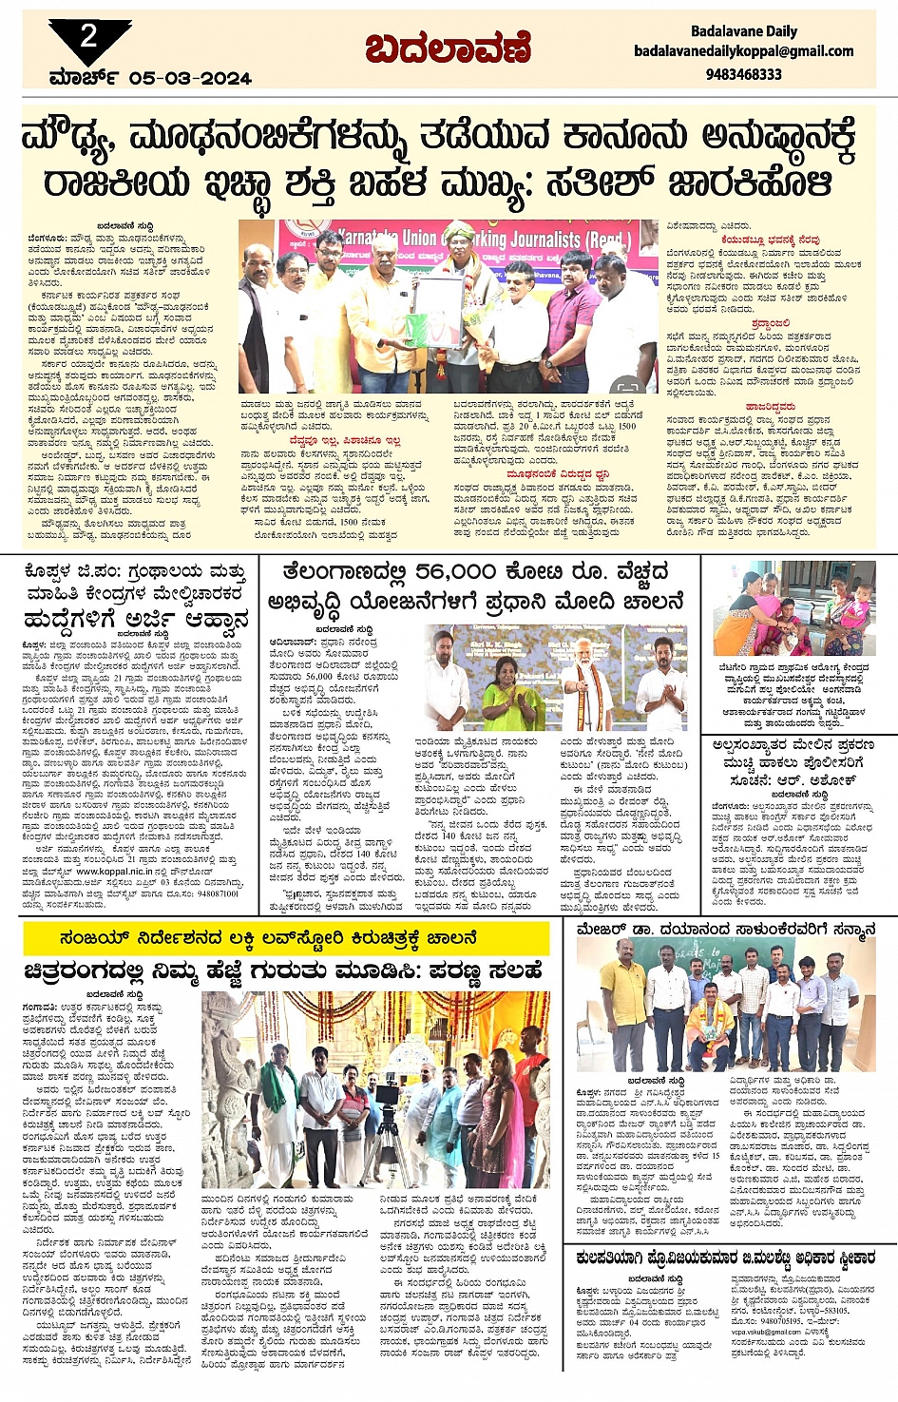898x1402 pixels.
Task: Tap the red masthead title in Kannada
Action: pos(448,47)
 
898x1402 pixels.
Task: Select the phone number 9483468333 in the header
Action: pos(744,73)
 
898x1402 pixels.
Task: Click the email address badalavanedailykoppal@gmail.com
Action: pos(744,51)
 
